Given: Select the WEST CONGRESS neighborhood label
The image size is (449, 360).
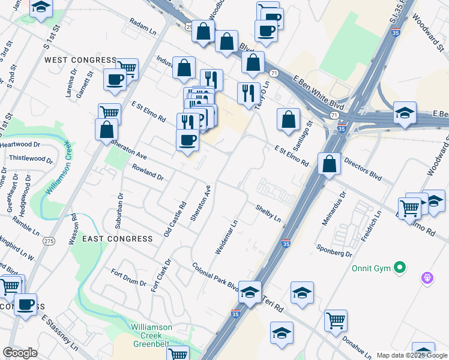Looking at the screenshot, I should (x=80, y=60).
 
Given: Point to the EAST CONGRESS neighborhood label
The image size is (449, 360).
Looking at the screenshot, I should (x=118, y=239).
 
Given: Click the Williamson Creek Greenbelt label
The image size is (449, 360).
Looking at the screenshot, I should (x=151, y=332).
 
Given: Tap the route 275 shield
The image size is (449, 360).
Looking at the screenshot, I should (x=49, y=241).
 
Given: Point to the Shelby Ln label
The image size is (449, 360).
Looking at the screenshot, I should (x=268, y=213).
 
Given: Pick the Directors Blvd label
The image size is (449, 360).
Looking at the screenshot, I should (x=363, y=170).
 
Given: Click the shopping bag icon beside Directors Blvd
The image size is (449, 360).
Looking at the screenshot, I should (x=329, y=163).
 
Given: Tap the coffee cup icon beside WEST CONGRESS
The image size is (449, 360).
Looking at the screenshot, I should (x=114, y=79).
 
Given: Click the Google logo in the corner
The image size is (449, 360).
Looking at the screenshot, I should (x=20, y=353).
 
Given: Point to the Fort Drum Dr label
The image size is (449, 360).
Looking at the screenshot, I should (x=129, y=279).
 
